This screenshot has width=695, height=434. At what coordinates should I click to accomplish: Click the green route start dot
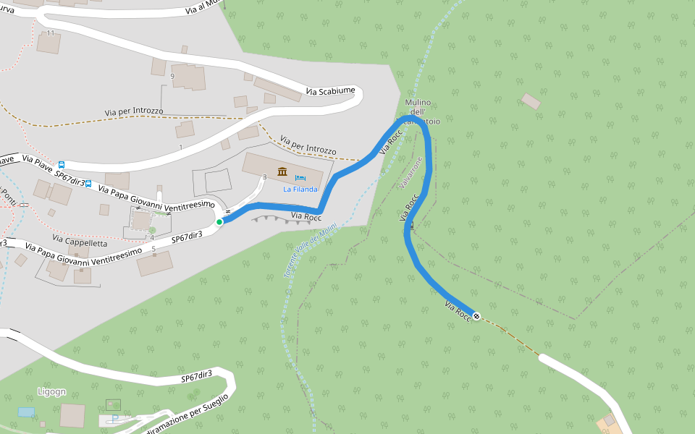point(219,222)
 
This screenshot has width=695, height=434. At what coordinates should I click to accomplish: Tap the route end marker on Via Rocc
point(476,315)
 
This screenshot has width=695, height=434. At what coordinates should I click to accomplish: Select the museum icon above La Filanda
point(282,172)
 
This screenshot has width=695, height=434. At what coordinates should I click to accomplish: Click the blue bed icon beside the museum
point(300,176)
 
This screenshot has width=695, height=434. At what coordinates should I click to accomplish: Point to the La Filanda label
point(300,190)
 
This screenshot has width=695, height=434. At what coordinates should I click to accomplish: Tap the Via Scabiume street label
point(331,91)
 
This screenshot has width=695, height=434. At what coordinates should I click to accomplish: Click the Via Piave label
point(38,163)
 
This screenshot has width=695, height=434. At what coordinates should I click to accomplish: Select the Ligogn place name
point(51,392)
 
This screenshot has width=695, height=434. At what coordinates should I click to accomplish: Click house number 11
point(51,33)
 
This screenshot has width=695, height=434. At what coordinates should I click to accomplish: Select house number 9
point(172,76)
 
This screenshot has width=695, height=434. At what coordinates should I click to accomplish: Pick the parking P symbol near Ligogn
point(114,418)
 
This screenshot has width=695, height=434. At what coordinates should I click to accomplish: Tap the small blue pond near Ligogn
point(26,412)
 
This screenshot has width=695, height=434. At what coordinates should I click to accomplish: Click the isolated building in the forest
point(531,101)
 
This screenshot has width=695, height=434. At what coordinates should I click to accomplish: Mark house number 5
point(153,250)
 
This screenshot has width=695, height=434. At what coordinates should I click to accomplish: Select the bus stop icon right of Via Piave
point(62,165)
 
